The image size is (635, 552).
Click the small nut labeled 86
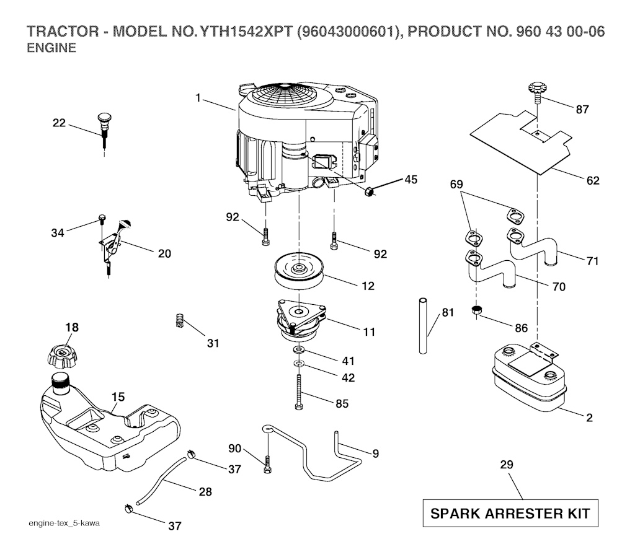coord(477,310)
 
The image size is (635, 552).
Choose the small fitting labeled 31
coord(179,321)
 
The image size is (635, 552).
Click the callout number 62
coord(592,181)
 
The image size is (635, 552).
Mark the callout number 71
coord(592,261)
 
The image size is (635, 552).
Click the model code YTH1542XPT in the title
coord(239,31)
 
